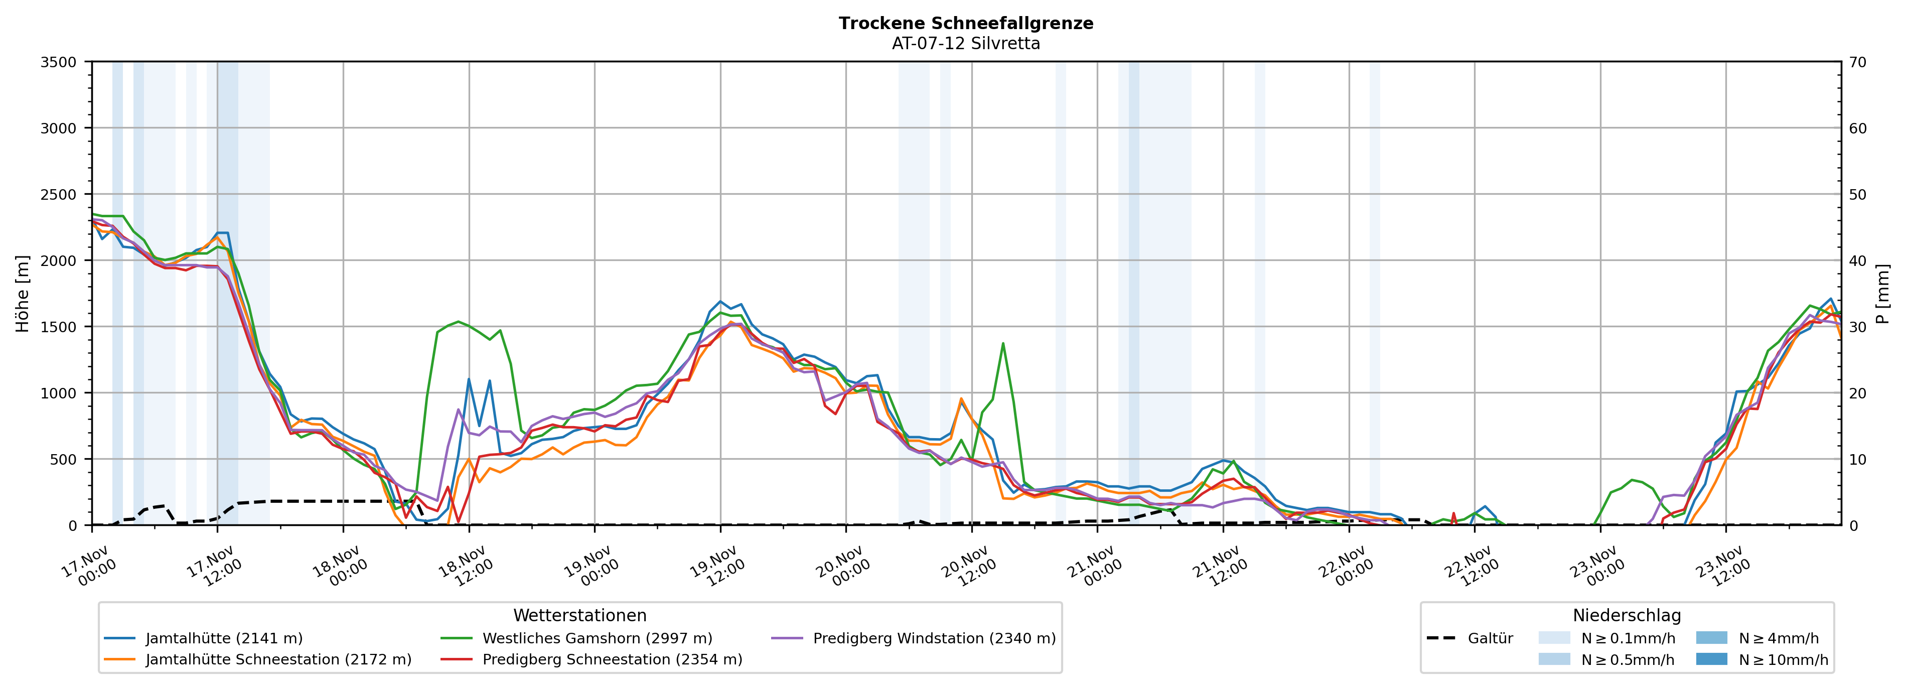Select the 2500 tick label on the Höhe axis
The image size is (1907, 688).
coord(59,195)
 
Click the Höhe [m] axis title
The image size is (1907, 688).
coord(22,293)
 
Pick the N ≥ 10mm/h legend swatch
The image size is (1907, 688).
coord(1711,659)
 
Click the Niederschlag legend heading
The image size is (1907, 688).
coord(1627,615)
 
